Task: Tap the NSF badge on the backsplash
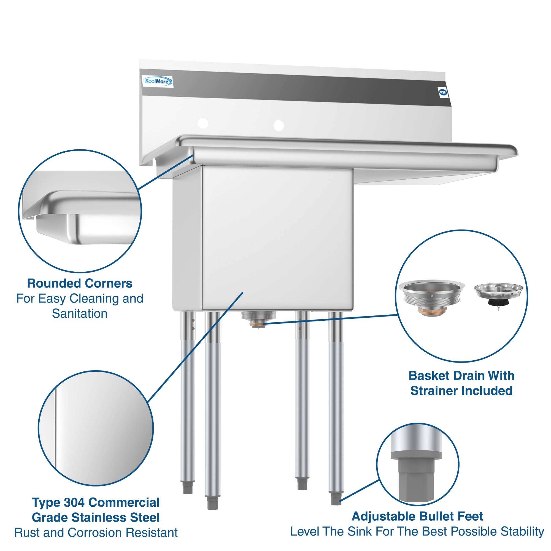click(443, 92)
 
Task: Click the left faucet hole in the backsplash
click(203, 123)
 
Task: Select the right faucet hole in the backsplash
click(278, 125)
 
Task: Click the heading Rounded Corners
click(80, 283)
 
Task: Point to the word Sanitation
click(80, 314)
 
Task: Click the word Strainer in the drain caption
click(436, 391)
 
